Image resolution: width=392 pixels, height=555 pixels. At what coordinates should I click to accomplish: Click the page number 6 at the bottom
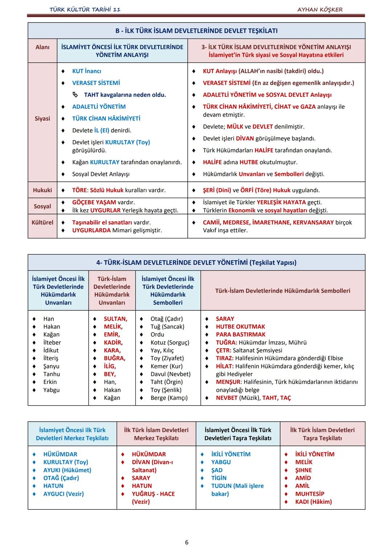pos(187,542)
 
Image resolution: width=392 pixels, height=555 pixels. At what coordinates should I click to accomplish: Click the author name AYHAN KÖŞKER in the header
pos(320,9)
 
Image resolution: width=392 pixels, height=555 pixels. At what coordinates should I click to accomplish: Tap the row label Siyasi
pos(42,118)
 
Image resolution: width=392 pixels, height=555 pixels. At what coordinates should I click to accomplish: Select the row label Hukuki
pos(42,190)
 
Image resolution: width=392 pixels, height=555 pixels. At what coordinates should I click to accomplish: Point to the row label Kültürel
pos(42,222)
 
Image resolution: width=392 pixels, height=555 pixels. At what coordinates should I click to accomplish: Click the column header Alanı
pos(42,47)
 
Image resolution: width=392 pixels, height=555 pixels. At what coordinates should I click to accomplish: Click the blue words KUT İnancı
pos(86,71)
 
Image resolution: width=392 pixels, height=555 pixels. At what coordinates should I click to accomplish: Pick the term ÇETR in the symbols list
pos(223,350)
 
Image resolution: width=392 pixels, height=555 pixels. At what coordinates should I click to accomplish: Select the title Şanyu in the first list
pos(51,366)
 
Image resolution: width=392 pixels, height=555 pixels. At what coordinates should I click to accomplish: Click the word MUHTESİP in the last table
pos(310,494)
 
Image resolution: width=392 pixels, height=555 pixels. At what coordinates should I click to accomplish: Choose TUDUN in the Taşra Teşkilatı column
pos(221,486)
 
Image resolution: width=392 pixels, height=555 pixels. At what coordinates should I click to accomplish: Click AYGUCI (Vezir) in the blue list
pos(64,494)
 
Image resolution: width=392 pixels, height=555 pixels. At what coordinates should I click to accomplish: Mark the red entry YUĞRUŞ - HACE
pos(153,494)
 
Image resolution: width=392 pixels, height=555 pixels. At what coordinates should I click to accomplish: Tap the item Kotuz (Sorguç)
pos(170,342)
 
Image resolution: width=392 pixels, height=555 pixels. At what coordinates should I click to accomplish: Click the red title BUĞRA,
pos(114,358)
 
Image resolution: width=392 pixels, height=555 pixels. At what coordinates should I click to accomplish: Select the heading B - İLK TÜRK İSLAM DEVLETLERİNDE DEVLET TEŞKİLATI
pos(196,31)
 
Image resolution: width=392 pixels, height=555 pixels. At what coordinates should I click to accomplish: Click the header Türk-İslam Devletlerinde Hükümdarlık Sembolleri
pos(282,291)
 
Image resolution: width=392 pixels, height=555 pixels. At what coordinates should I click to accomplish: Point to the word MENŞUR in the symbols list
pos(228,382)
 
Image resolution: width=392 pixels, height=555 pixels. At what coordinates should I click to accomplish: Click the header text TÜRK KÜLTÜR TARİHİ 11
pos(85,9)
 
